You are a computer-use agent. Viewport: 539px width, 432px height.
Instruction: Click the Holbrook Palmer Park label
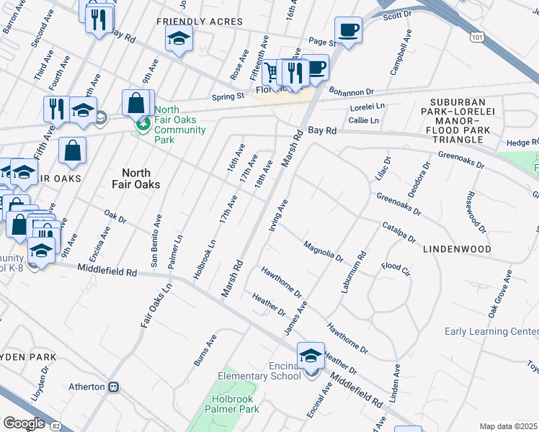click(x=239, y=409)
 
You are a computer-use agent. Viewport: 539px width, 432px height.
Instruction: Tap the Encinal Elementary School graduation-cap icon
click(x=311, y=356)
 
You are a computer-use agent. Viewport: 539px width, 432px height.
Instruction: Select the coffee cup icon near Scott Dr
click(x=348, y=31)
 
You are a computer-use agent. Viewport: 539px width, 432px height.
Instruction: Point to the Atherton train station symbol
click(x=113, y=387)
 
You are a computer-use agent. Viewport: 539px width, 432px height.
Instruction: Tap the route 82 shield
click(x=56, y=426)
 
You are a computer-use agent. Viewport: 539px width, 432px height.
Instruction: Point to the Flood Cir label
click(x=396, y=267)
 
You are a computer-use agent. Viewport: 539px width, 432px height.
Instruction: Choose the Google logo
click(x=24, y=423)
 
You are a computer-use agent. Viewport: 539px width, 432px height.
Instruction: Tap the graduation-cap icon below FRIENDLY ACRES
click(x=179, y=40)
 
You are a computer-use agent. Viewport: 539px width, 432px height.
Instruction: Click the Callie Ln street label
click(x=364, y=120)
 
